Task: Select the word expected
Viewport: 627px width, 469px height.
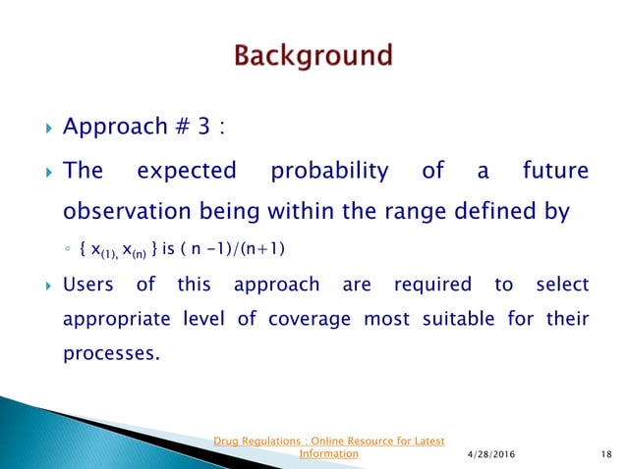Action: tap(187, 172)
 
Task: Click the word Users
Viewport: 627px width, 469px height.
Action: tap(87, 286)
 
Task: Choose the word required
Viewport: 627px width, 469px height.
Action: tap(431, 286)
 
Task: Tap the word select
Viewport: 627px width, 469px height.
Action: tap(561, 286)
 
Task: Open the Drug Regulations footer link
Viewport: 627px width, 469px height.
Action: tap(330, 446)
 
